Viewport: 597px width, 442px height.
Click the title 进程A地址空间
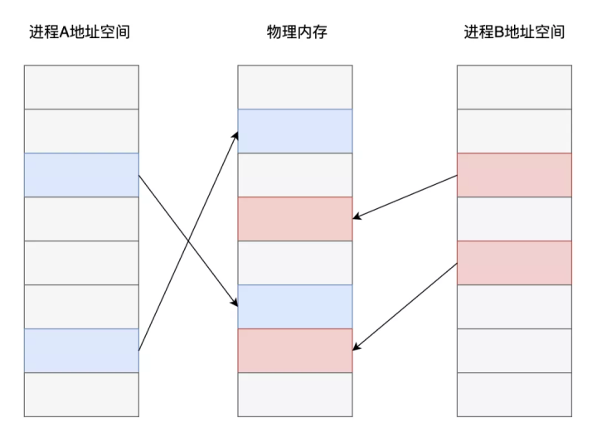click(x=80, y=32)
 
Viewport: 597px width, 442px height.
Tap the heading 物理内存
click(x=295, y=32)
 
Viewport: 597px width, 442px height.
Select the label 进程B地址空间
click(x=514, y=32)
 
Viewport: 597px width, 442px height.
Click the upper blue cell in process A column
click(x=81, y=175)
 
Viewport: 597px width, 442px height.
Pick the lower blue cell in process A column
click(x=81, y=350)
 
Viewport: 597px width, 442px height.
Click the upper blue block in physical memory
click(x=295, y=131)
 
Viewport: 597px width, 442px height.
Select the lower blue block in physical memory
click(x=295, y=306)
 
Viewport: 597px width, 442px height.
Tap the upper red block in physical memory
click(x=295, y=219)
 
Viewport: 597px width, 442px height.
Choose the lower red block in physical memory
click(x=295, y=350)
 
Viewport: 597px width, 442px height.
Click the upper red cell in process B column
click(x=514, y=175)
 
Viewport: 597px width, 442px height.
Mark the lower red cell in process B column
click(x=514, y=262)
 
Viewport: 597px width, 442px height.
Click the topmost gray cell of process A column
click(x=81, y=87)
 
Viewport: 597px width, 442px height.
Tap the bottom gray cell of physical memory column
click(x=295, y=394)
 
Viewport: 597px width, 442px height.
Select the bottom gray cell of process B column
click(x=514, y=394)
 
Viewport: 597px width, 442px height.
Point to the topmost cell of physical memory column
click(x=295, y=87)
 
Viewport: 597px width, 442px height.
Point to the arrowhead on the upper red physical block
click(x=357, y=217)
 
